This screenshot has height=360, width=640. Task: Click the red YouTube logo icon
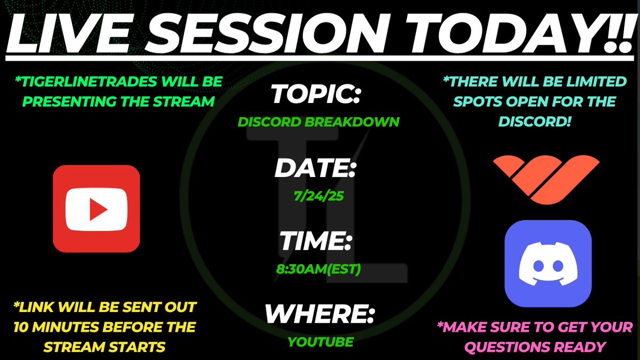[97, 209]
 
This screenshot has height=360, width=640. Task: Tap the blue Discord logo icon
[548, 263]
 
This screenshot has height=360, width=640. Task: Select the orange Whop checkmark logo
[546, 180]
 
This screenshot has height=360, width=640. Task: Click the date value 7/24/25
[318, 196]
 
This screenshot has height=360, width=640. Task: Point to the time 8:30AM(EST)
[318, 269]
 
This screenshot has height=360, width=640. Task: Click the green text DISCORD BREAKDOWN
[318, 122]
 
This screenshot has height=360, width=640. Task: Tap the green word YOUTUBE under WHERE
[321, 342]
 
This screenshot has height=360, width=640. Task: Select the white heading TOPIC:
[316, 94]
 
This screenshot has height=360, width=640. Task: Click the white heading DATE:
[315, 167]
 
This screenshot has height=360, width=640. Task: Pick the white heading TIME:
[315, 241]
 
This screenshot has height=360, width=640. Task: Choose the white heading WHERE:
[319, 314]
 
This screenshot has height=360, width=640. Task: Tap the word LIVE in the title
[70, 34]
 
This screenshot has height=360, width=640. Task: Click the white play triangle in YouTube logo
[98, 210]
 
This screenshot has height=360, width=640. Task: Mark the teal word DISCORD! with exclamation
[534, 122]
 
